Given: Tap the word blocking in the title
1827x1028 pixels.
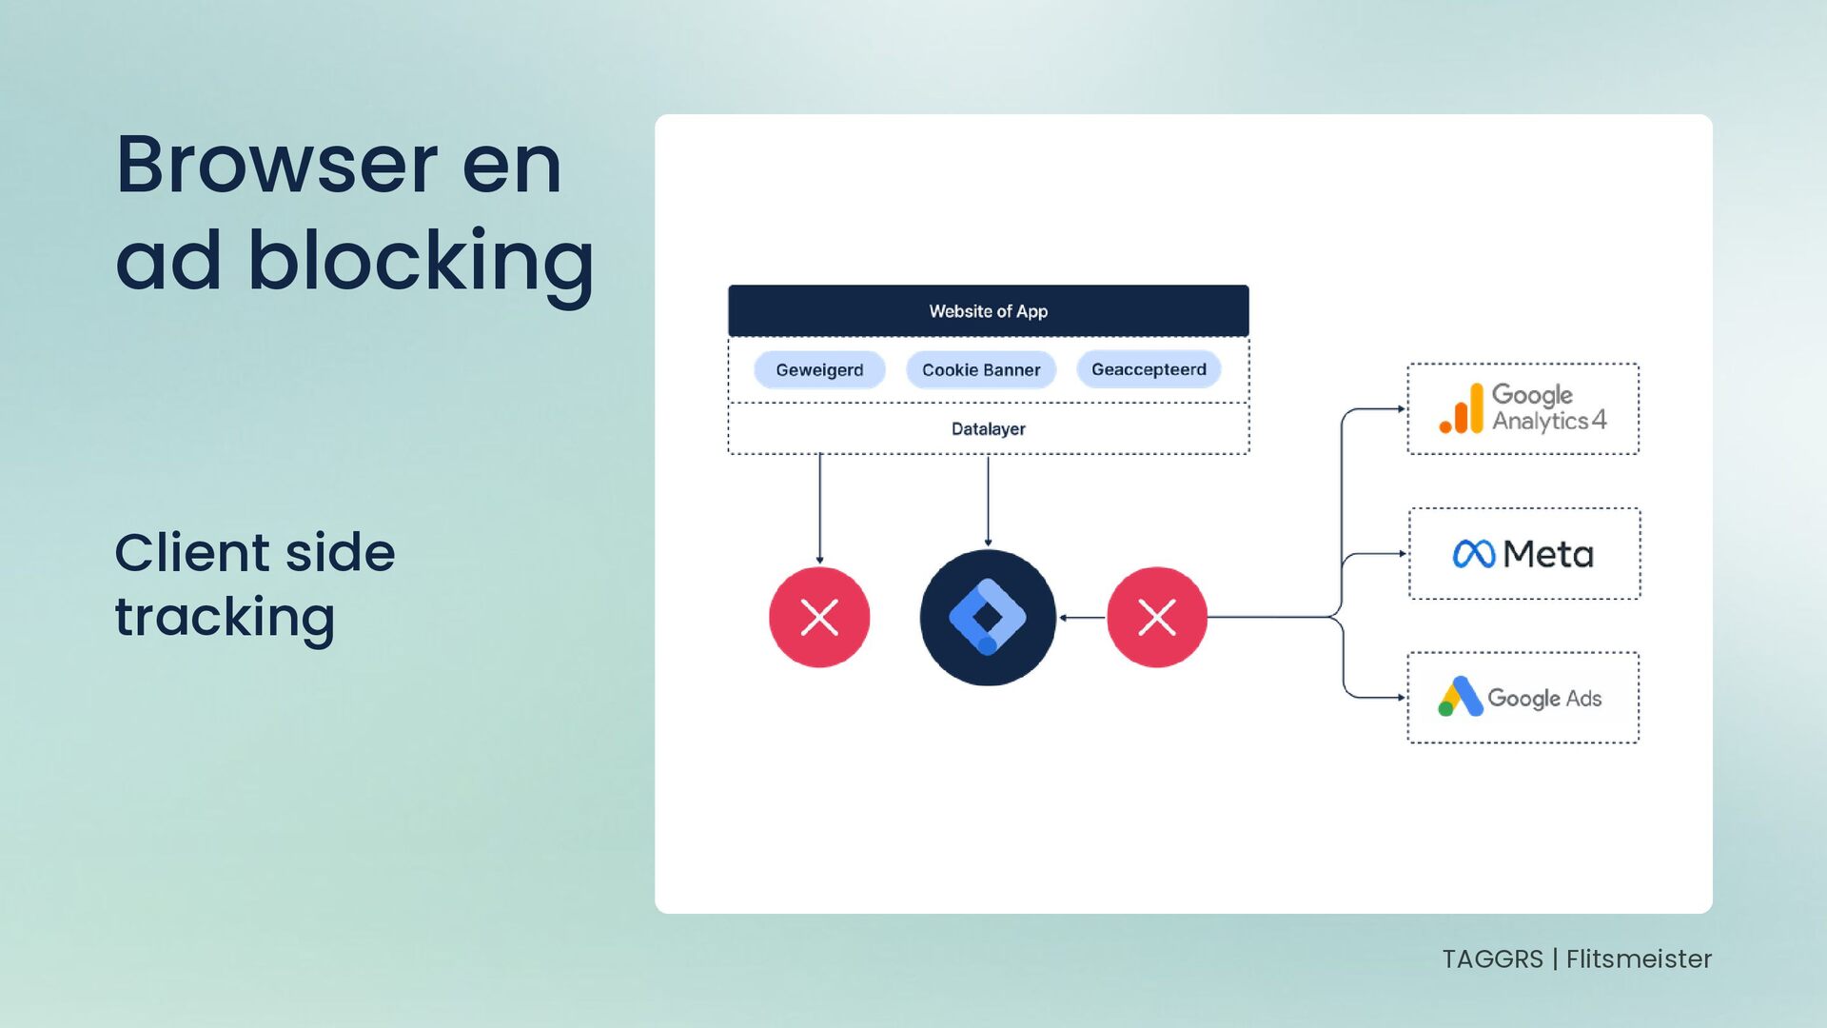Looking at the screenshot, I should point(421,261).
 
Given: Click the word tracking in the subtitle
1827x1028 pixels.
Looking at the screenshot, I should point(225,618).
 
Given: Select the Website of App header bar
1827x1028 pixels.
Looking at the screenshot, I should point(988,311).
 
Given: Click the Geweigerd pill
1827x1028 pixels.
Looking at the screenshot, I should point(819,370).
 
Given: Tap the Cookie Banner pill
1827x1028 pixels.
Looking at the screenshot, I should point(981,370).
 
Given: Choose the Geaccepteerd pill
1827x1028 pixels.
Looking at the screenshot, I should point(1149,369).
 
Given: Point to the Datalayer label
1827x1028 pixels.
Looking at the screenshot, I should point(988,429).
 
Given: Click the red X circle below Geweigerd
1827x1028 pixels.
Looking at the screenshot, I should point(819,618).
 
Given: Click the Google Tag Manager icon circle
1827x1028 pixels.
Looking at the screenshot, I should point(988,618).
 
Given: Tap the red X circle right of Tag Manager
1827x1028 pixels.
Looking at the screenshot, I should point(1156,618).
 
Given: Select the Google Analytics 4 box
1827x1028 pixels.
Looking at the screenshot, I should point(1522,409).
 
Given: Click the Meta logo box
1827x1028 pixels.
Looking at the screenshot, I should point(1523,554).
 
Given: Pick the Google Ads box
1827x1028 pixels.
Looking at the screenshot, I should point(1522,698).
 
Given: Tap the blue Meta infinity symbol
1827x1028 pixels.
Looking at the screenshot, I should point(1474,554).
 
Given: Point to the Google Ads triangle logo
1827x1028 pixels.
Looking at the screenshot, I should point(1460,698).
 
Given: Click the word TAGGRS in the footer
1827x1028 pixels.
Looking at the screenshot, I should point(1492,959).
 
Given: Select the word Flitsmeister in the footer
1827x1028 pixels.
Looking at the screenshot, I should point(1639,959).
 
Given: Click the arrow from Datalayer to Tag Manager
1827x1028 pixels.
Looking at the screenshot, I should point(988,502).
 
